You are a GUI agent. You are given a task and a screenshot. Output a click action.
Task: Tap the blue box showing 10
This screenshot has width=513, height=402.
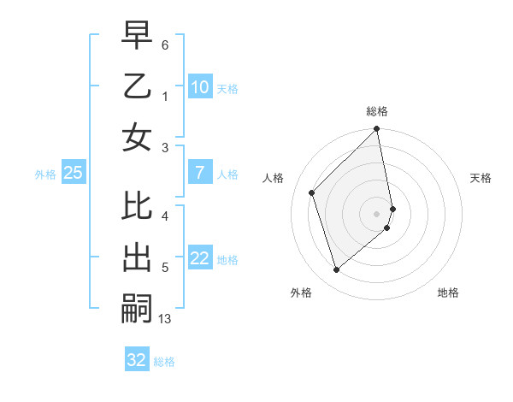pyautogui.click(x=199, y=87)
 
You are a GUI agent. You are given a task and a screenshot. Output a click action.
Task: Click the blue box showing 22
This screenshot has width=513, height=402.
pyautogui.click(x=199, y=259)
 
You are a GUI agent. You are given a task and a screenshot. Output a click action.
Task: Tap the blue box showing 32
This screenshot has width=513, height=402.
pyautogui.click(x=137, y=360)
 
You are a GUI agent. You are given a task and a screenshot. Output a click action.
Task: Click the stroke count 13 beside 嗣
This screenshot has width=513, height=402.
pyautogui.click(x=165, y=319)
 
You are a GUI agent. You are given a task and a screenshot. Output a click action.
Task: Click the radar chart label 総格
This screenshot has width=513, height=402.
pyautogui.click(x=377, y=111)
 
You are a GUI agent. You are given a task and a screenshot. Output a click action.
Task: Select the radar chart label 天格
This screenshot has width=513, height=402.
pyautogui.click(x=481, y=178)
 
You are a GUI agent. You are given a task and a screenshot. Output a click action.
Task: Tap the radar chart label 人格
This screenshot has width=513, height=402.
pyautogui.click(x=274, y=178)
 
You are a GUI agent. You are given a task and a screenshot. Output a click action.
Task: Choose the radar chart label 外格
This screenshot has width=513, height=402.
pyautogui.click(x=301, y=293)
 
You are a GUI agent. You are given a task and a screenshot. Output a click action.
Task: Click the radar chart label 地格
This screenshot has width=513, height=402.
pyautogui.click(x=448, y=293)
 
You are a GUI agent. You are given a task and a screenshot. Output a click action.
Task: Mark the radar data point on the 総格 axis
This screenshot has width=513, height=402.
pyautogui.click(x=377, y=130)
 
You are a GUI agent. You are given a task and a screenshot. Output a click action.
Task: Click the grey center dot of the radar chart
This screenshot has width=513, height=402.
pyautogui.click(x=377, y=213)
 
